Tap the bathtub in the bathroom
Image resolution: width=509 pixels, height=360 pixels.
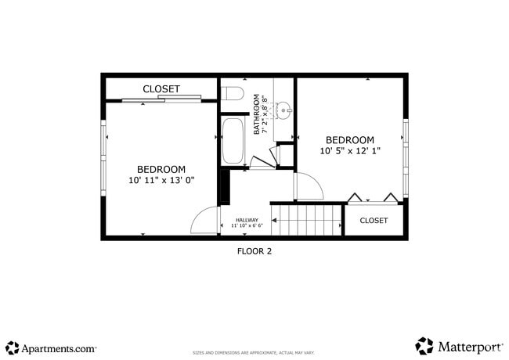[233, 140]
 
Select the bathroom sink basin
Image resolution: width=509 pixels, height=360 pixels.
[283, 109]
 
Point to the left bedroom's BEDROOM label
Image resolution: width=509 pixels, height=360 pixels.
[161, 169]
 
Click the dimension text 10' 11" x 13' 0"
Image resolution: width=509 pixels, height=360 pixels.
[161, 180]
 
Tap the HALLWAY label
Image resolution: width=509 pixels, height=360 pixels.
[247, 220]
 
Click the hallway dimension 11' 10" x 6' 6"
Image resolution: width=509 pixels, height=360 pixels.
[247, 226]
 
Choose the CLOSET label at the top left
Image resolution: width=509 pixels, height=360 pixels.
[161, 89]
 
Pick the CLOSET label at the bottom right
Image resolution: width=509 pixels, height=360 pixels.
[374, 221]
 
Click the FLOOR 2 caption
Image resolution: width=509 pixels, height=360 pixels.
[254, 251]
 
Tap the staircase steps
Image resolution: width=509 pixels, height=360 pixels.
[308, 220]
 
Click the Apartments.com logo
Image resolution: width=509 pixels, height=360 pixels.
[51, 347]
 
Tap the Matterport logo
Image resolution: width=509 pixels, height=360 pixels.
[457, 346]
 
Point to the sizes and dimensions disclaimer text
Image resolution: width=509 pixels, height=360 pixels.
[254, 353]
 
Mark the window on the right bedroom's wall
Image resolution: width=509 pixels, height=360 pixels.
[405, 157]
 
